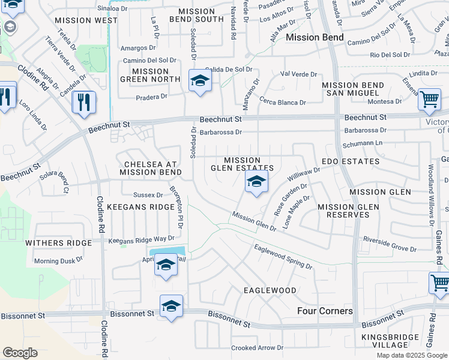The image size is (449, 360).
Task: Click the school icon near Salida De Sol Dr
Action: tap(200, 81)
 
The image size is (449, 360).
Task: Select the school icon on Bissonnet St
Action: tap(171, 306)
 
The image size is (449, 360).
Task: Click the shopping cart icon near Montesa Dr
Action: tap(429, 100)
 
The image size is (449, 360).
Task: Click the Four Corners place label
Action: tap(325, 311)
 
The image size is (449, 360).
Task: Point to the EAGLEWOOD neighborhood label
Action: tap(270, 290)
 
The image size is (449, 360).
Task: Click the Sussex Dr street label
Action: tap(148, 195)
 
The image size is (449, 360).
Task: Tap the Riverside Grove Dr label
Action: tap(390, 245)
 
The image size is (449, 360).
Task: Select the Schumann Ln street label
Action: tap(362, 144)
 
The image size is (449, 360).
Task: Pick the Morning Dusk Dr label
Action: tap(59, 261)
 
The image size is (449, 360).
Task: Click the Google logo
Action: tap(20, 353)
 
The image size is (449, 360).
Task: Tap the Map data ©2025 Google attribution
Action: tap(412, 355)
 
